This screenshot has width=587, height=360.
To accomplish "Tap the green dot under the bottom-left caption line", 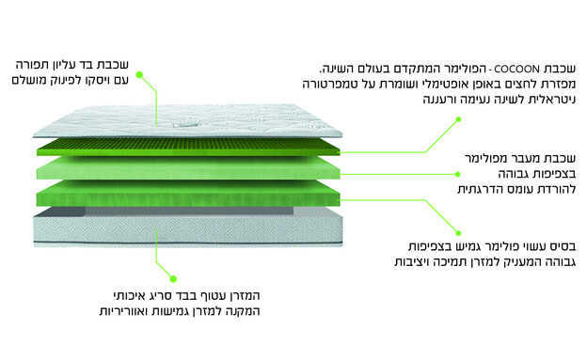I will pos(173,277).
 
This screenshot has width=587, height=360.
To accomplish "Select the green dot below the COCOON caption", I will pos(458,119).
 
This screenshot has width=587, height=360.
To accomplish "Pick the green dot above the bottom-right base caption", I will pos(458,232).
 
